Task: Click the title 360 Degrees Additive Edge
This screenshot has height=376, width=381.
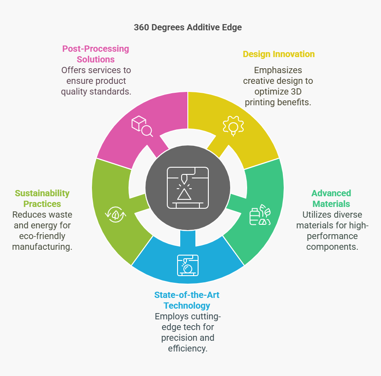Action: pos(188,28)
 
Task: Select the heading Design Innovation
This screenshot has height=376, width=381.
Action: pos(279,54)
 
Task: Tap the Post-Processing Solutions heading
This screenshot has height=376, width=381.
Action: pos(96,54)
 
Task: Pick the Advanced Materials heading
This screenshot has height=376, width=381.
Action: pos(331,198)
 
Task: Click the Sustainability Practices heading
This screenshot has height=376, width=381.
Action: pos(42,198)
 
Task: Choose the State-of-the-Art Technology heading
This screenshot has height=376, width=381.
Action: pos(187,300)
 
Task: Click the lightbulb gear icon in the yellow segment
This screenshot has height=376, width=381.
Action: pos(233,126)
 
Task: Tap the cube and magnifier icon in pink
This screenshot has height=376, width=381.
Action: pos(142,126)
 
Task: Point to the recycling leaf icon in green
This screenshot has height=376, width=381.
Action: pos(116,214)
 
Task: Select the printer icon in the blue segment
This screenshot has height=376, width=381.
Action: pos(188,265)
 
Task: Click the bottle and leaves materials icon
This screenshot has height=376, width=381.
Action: pos(260,215)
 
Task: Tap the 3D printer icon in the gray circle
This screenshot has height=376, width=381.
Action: pos(188,188)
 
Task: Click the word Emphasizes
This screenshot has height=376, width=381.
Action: pos(278,70)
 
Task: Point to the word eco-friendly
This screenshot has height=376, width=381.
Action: pos(42,236)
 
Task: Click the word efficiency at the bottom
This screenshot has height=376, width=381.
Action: pos(188,348)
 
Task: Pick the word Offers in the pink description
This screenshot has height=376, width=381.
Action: pos(73,70)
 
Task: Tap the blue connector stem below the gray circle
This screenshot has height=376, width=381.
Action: pos(188,238)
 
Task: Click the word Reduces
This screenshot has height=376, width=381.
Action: pos(27,215)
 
